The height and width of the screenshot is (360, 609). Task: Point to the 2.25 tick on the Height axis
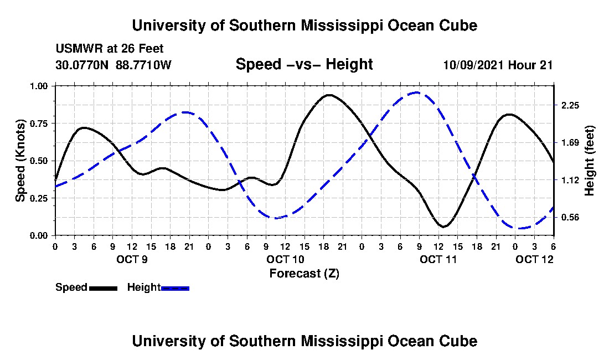click(x=570, y=105)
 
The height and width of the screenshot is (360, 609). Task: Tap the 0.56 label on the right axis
click(x=570, y=217)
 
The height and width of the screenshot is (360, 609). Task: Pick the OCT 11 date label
click(x=438, y=259)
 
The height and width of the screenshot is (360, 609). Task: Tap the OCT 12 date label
click(x=534, y=259)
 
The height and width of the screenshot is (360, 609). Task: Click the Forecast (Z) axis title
click(x=304, y=273)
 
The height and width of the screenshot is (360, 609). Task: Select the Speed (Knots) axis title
click(x=20, y=161)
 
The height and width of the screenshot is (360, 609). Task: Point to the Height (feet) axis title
click(x=590, y=161)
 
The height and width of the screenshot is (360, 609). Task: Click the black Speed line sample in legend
click(x=103, y=288)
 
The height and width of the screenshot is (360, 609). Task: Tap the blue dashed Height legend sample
click(x=175, y=288)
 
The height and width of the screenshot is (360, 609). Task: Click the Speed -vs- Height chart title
click(x=304, y=64)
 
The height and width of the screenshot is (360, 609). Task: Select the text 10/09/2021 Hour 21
click(x=498, y=65)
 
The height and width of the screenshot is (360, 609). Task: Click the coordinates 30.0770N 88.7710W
click(x=114, y=65)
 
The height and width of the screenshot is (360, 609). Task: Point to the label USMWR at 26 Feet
click(x=110, y=49)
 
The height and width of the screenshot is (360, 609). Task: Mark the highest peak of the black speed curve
click(x=329, y=95)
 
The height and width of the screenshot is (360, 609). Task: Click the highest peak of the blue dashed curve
click(x=417, y=92)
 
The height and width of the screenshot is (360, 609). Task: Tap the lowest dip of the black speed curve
click(x=444, y=227)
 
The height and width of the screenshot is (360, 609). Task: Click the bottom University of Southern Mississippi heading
click(x=304, y=341)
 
